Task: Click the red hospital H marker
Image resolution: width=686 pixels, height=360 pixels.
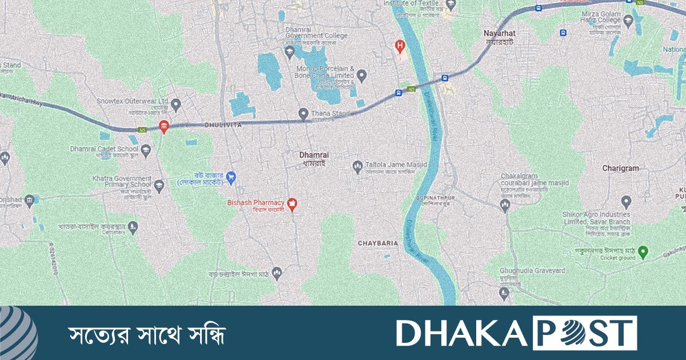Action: tap(400, 45)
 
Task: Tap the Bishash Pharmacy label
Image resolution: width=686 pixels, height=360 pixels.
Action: tap(256, 203)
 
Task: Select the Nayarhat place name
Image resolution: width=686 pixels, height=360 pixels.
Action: tap(499, 34)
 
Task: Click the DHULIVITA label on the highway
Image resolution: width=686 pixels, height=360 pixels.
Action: tap(224, 124)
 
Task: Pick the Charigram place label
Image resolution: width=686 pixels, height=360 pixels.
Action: tap(620, 169)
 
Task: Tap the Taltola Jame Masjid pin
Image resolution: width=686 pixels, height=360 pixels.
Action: tap(357, 166)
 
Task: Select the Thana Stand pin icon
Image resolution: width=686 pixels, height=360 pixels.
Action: tap(304, 113)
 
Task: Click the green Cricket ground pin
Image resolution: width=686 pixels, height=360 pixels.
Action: tap(643, 251)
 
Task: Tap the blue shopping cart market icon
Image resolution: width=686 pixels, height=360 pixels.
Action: tap(231, 178)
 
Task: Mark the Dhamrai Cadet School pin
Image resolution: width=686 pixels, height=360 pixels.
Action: tap(146, 151)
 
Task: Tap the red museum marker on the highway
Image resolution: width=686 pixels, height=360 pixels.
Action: tap(163, 127)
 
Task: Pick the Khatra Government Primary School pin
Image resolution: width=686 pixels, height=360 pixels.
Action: tap(159, 185)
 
